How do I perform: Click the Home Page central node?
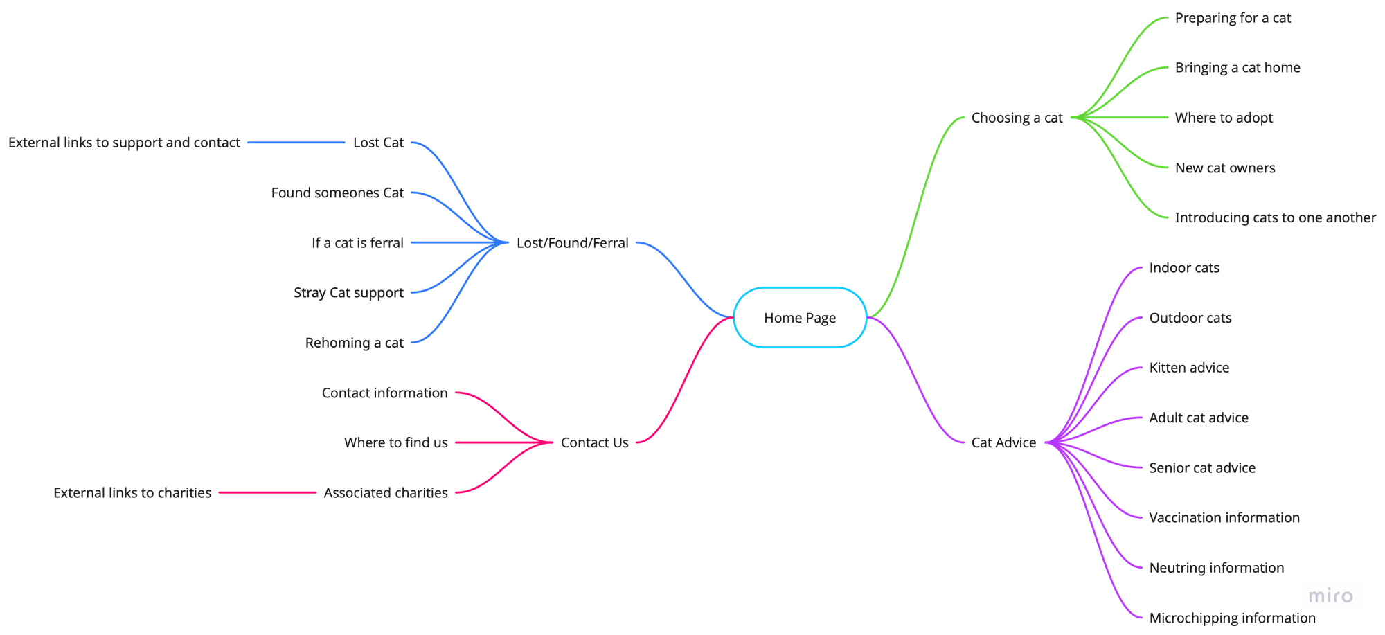[x=800, y=318]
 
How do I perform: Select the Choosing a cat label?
[x=1017, y=118]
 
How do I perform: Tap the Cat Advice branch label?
[x=1003, y=442]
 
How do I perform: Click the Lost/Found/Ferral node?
[x=573, y=243]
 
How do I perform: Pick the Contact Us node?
[x=595, y=442]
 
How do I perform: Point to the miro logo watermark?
[x=1330, y=596]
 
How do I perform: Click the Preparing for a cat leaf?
[x=1233, y=18]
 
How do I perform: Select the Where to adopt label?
[x=1224, y=118]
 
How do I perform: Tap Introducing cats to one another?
[x=1275, y=217]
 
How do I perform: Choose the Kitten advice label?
[x=1189, y=368]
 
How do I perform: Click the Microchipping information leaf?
[x=1232, y=618]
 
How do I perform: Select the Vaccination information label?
[x=1224, y=517]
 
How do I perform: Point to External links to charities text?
[x=132, y=492]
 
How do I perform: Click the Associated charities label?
[x=386, y=492]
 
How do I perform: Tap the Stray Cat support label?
[x=348, y=293]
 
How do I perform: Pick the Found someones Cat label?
[x=337, y=193]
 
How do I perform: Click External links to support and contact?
[x=124, y=143]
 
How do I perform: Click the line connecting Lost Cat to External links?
[x=296, y=143]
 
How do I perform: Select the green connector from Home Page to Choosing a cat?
[x=915, y=217]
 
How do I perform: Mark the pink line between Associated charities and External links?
[x=267, y=492]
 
